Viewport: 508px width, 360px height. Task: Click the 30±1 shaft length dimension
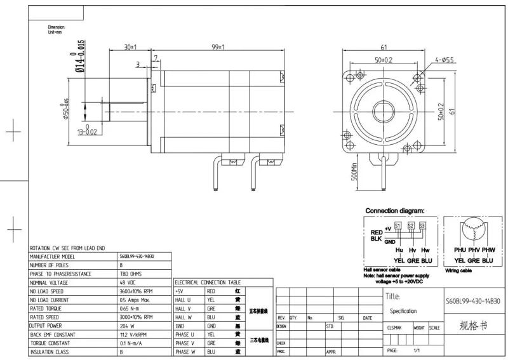pyautogui.click(x=131, y=48)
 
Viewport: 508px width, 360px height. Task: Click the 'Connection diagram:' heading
pyautogui.click(x=394, y=211)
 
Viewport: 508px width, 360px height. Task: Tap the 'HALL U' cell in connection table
pyautogui.click(x=183, y=300)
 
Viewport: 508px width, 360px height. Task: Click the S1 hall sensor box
pyautogui.click(x=398, y=226)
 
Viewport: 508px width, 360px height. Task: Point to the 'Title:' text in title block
pyautogui.click(x=393, y=297)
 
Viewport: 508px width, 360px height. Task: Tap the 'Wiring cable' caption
pyautogui.click(x=458, y=270)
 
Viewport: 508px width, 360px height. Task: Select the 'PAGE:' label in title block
pyautogui.click(x=393, y=350)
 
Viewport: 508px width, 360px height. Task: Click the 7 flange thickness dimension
pyautogui.click(x=156, y=58)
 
